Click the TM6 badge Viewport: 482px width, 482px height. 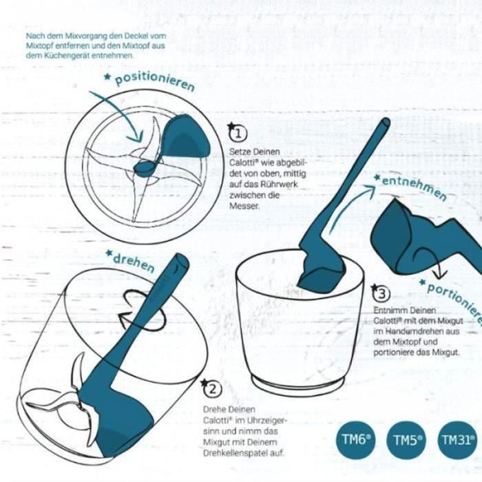pos(355,440)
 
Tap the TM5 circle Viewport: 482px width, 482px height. pos(407,440)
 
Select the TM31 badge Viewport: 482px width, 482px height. pos(459,440)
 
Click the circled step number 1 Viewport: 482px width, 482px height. pos(238,134)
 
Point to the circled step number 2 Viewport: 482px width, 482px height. pos(212,390)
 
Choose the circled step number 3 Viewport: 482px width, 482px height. pos(381,293)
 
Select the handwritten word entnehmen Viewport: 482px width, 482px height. pos(414,187)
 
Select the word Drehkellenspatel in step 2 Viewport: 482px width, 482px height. pos(244,453)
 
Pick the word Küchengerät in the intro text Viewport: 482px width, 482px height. pos(67,56)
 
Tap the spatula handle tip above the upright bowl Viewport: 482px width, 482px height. pos(386,124)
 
